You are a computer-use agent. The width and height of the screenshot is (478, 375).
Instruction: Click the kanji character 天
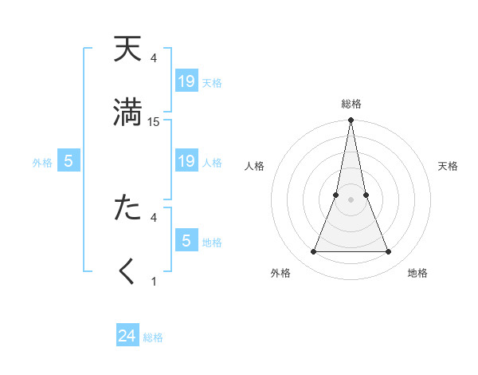(127, 50)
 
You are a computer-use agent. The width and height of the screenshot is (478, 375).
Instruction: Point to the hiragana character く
(127, 271)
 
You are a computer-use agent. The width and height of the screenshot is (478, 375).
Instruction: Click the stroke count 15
(154, 122)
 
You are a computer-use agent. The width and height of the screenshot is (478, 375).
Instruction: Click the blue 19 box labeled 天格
(186, 81)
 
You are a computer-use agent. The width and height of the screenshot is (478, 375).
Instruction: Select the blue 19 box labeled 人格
(186, 162)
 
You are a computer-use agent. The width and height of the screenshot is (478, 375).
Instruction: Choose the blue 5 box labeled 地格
(186, 241)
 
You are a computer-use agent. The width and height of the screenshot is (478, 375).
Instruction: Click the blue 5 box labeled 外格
(69, 162)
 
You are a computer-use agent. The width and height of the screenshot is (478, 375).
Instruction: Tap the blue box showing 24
(127, 336)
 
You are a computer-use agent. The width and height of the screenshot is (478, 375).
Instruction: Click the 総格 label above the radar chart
(351, 104)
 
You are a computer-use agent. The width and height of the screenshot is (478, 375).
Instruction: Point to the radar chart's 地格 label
(417, 273)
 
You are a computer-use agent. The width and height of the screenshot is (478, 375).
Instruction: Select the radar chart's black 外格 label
(280, 273)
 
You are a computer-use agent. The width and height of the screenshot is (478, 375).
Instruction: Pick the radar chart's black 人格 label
(255, 166)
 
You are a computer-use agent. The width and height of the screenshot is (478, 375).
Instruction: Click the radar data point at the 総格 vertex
(351, 120)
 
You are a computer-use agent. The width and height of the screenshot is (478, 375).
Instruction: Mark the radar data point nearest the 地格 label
(389, 252)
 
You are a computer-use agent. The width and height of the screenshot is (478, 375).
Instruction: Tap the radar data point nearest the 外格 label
(313, 252)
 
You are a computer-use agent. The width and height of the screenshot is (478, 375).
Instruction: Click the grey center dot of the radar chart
(351, 199)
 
